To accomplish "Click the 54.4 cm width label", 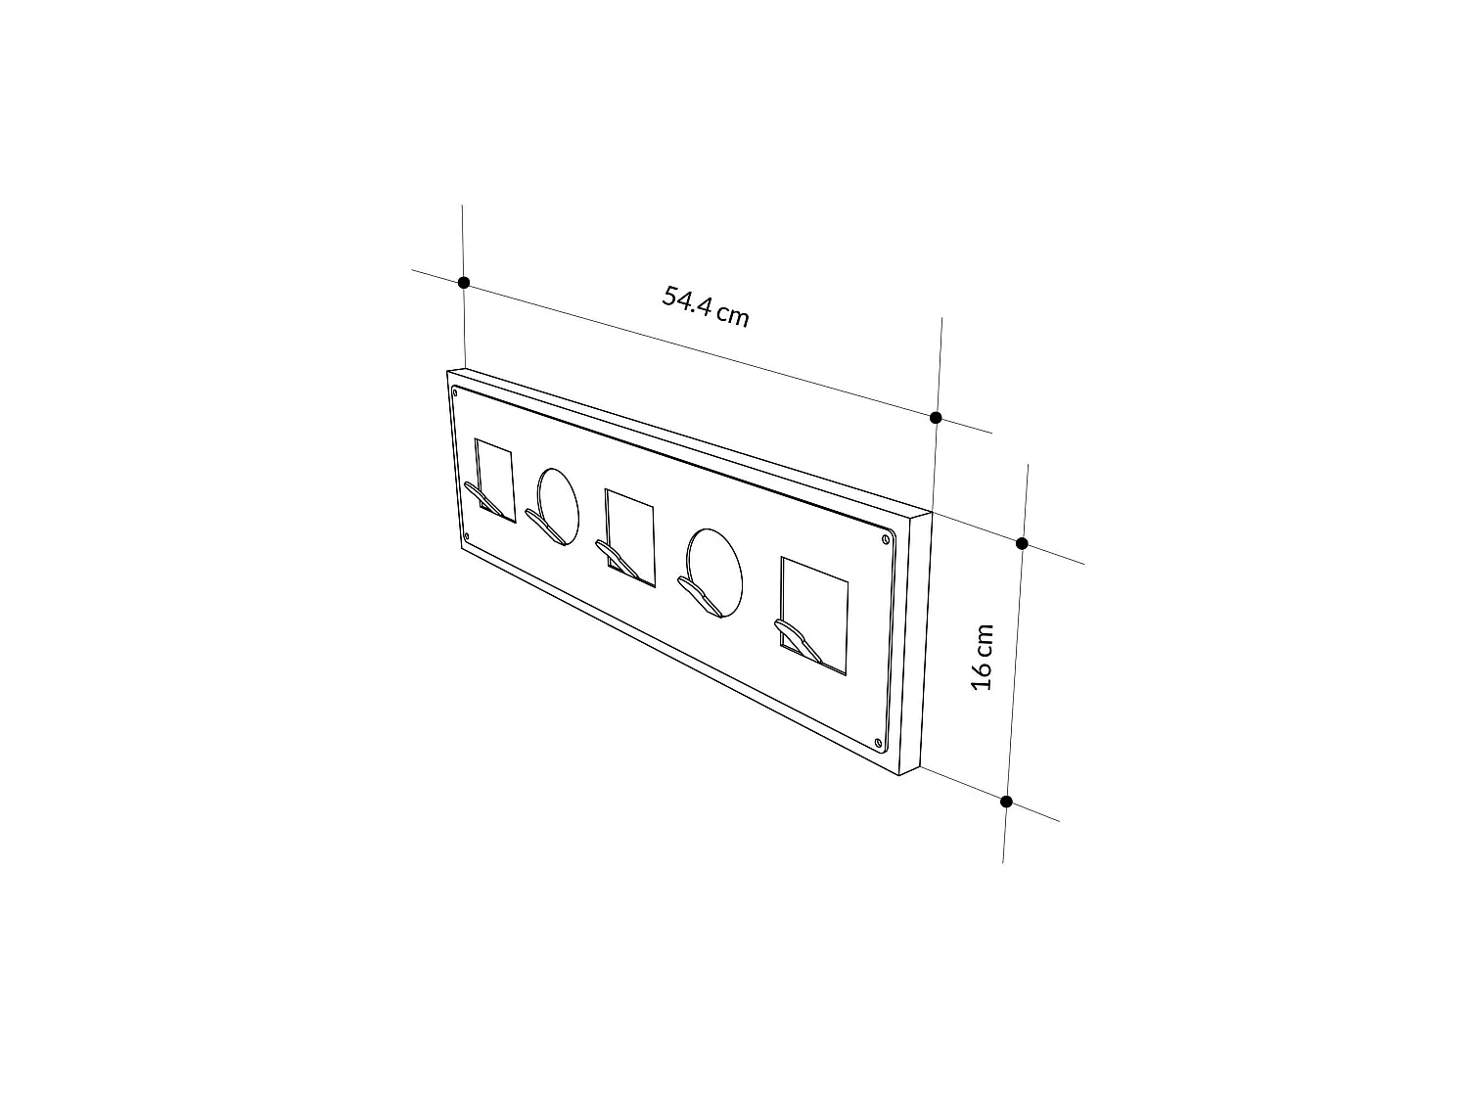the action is (x=706, y=307).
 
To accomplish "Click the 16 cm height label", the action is (x=983, y=657).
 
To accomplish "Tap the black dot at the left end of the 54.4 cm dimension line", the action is (x=464, y=283).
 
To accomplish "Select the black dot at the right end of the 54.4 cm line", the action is (x=936, y=418).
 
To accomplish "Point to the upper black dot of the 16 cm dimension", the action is (x=1022, y=543).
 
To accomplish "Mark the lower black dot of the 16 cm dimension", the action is (x=1006, y=802).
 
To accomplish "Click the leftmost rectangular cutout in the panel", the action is (x=495, y=480).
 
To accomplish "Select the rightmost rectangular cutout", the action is (x=814, y=617).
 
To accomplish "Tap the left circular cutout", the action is (x=559, y=506).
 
